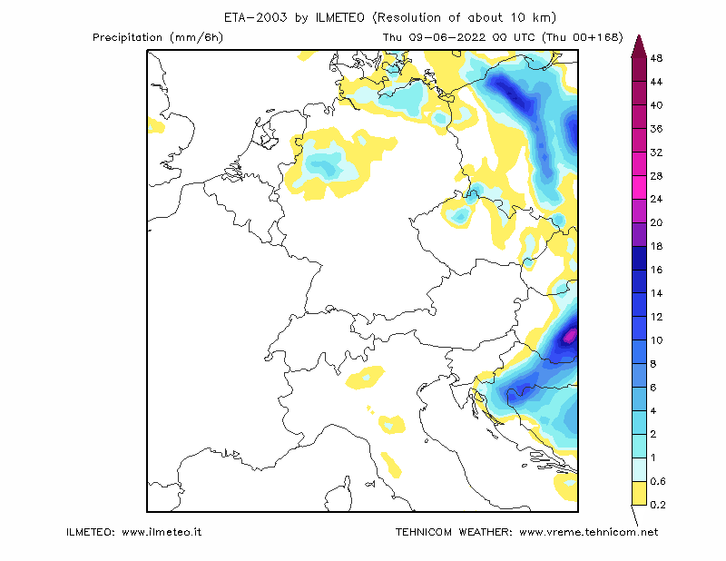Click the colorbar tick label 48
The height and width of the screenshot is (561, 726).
(x=656, y=58)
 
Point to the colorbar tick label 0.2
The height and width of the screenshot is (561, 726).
(x=657, y=505)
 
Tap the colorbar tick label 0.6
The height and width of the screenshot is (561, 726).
(x=657, y=481)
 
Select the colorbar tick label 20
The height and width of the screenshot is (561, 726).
(x=656, y=222)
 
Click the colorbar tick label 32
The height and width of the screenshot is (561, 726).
(x=656, y=153)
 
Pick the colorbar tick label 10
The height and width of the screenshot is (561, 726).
(x=656, y=340)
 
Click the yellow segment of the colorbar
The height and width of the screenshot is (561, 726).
(x=640, y=493)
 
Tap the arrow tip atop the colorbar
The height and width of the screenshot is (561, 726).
(x=639, y=35)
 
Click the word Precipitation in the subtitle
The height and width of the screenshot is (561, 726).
(x=127, y=37)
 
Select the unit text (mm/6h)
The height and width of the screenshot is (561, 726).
(x=197, y=37)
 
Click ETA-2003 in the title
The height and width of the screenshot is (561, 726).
(x=256, y=17)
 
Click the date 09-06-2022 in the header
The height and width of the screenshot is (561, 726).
(x=447, y=37)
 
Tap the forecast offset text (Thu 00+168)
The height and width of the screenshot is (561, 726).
(x=583, y=37)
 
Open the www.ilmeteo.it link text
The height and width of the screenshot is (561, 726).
(x=162, y=532)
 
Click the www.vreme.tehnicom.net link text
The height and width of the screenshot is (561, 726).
(x=588, y=532)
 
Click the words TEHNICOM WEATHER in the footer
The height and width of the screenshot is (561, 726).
(x=454, y=532)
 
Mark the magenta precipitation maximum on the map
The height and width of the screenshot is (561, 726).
(x=570, y=335)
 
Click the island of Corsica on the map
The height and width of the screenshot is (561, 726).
(x=338, y=495)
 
